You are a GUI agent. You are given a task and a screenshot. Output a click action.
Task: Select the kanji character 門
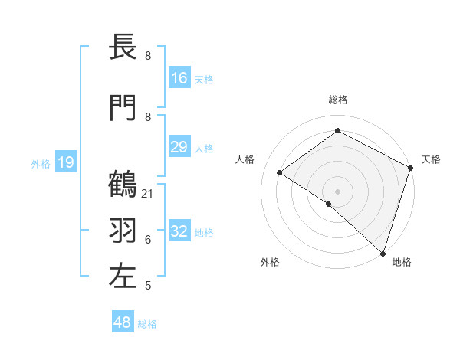click(123, 109)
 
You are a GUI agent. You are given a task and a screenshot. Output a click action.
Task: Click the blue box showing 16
click(179, 78)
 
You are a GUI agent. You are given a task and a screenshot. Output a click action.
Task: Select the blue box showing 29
click(179, 147)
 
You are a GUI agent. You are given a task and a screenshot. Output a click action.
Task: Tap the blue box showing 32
click(179, 231)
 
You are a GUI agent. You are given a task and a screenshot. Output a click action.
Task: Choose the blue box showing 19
click(66, 162)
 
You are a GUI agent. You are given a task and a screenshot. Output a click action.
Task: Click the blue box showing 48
click(123, 322)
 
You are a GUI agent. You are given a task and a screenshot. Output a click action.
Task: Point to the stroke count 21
click(148, 193)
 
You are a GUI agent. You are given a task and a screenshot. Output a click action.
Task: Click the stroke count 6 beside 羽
click(148, 239)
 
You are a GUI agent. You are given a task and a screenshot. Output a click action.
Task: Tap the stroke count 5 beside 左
click(148, 286)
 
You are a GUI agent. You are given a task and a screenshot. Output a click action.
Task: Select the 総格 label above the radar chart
click(337, 100)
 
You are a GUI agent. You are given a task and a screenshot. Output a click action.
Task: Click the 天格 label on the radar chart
click(431, 159)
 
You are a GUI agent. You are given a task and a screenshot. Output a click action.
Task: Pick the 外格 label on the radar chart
click(270, 262)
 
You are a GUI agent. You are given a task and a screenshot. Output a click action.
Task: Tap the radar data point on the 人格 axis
click(280, 172)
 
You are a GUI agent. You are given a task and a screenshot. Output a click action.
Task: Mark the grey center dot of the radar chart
click(337, 191)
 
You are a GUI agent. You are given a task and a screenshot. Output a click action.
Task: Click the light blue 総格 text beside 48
click(147, 324)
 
